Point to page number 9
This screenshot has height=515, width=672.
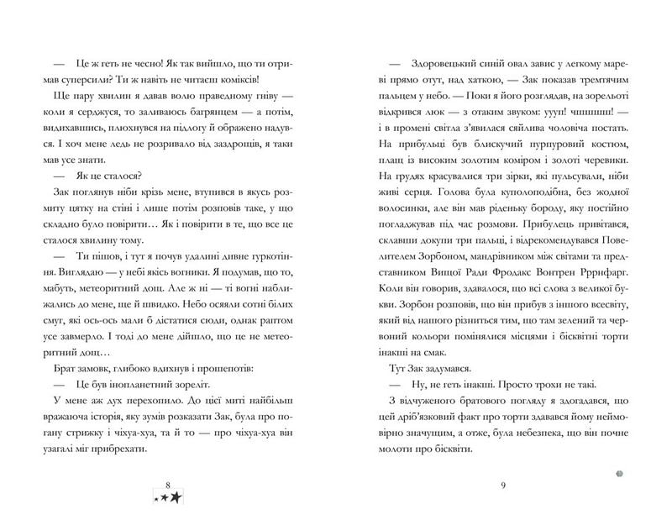pyautogui.click(x=501, y=485)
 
